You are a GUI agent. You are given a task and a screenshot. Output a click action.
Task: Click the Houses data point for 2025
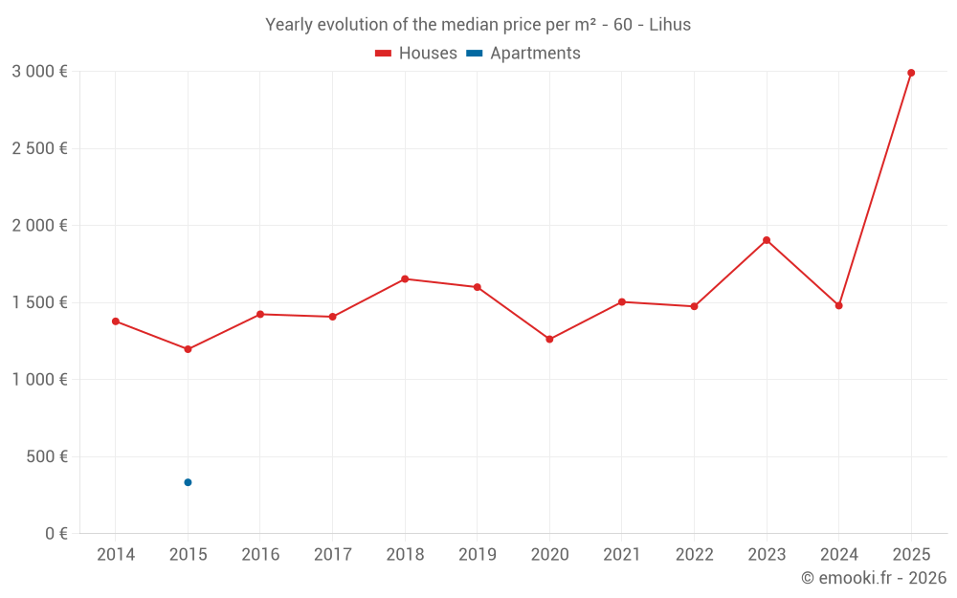point(911,73)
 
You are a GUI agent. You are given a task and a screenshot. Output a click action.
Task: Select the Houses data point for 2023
point(767,240)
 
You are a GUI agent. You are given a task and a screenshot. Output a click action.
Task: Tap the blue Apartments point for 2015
point(188,482)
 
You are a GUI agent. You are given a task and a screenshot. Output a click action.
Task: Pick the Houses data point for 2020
point(549,340)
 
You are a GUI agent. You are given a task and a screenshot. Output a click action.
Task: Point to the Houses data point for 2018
point(405,279)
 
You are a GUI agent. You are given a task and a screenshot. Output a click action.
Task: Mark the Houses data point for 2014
point(116,321)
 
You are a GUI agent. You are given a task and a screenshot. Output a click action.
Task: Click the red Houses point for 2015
point(188,349)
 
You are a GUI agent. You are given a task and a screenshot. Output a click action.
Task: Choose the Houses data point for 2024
point(838,306)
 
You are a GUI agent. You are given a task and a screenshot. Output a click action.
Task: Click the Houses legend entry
point(416,54)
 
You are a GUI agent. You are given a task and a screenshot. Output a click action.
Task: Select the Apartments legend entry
point(524,54)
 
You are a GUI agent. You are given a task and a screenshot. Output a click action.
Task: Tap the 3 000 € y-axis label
point(39,71)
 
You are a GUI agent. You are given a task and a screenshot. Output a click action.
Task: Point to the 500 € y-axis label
point(46,456)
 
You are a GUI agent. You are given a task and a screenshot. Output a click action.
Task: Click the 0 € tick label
point(54,534)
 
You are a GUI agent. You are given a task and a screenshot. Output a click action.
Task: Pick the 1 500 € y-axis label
point(39,302)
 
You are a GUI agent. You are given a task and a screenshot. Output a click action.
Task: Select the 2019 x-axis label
point(478,555)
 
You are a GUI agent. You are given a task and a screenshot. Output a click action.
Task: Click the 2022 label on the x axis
point(694,555)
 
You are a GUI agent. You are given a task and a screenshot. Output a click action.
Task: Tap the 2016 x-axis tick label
point(260,555)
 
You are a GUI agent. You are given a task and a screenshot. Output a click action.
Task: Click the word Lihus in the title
point(670,25)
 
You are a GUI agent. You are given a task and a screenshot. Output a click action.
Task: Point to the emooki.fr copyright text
point(874,578)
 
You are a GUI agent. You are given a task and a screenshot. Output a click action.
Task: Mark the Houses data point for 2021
point(622,302)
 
